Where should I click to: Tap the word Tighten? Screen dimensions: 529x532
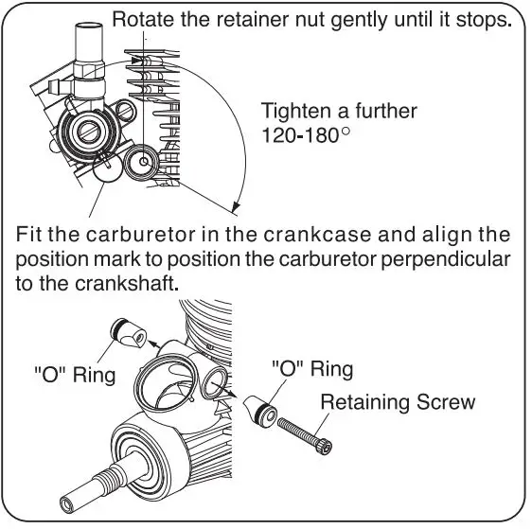[x=295, y=112]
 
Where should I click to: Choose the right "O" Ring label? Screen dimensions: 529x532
[x=312, y=366]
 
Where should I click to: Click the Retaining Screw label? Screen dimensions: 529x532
[x=398, y=402]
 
